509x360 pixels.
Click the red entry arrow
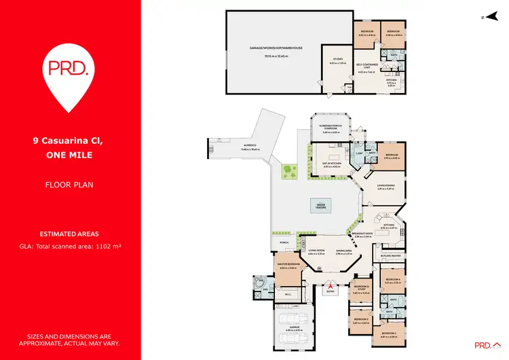pyautogui.click(x=331, y=286)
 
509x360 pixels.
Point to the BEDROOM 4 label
pyautogui.click(x=390, y=279)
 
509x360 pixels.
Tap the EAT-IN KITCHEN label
pyautogui.click(x=329, y=164)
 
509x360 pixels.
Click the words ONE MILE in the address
pyautogui.click(x=70, y=155)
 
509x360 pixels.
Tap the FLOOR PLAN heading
pyautogui.click(x=70, y=183)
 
